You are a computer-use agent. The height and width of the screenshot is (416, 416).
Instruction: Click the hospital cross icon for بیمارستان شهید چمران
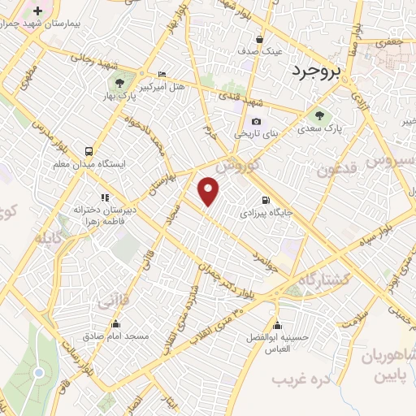[x=37, y=10]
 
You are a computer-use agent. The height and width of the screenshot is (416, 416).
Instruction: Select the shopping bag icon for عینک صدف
[x=259, y=39]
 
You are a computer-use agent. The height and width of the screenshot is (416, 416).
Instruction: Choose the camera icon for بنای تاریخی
[x=256, y=121]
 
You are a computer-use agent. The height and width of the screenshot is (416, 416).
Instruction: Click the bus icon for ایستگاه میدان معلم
[x=89, y=152]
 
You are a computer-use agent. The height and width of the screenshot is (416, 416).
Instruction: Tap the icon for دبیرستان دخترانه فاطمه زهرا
[x=104, y=197]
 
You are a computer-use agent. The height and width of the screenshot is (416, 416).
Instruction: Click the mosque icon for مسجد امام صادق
[x=94, y=323]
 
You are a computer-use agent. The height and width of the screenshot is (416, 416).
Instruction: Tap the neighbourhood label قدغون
[x=338, y=170]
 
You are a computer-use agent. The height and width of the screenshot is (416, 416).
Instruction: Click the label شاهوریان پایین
[x=392, y=366]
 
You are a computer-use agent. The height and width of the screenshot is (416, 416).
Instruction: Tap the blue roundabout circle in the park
[x=38, y=372]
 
